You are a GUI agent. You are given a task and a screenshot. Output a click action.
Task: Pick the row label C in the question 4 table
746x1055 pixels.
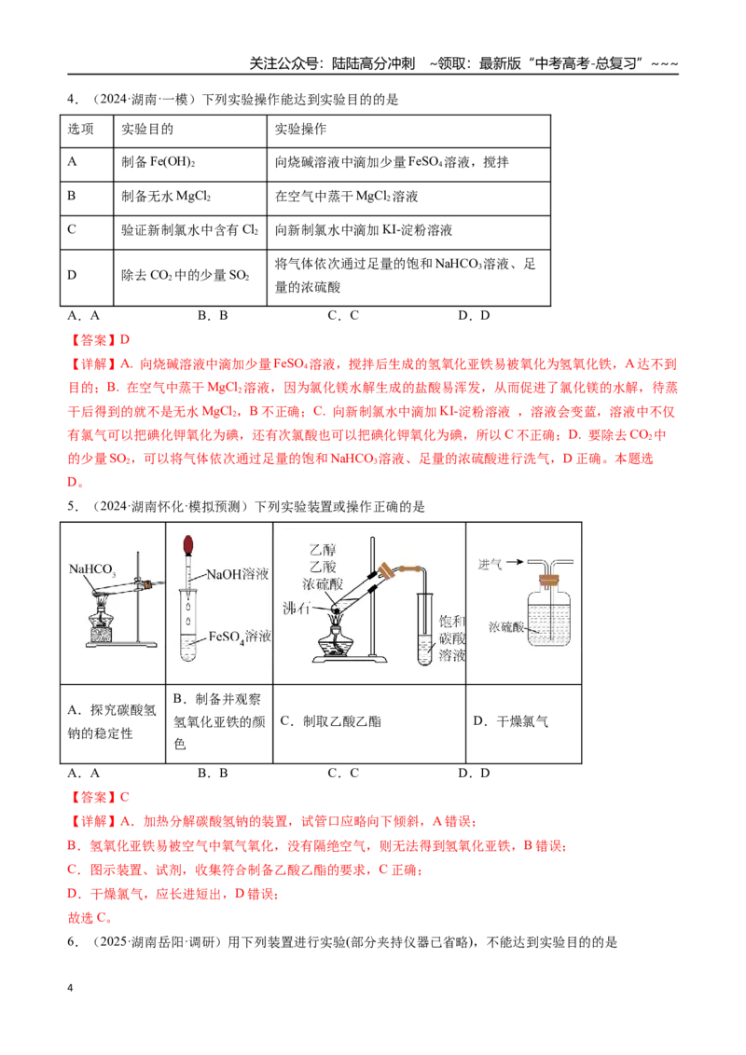(x=72, y=229)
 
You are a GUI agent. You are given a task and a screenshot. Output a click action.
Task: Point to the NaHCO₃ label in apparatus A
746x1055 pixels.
(x=92, y=569)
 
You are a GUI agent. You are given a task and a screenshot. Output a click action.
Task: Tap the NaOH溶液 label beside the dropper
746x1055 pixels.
(x=237, y=574)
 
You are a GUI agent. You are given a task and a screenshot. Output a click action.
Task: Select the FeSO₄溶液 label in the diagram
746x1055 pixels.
(x=240, y=637)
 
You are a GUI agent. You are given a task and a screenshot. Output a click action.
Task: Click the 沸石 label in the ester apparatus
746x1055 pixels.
(x=297, y=609)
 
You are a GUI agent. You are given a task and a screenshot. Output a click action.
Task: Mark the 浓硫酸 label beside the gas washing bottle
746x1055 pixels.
(x=506, y=626)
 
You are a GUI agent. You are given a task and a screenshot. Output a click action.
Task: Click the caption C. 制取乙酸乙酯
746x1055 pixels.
(x=331, y=721)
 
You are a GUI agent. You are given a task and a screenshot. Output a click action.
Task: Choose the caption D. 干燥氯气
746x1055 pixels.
(x=510, y=721)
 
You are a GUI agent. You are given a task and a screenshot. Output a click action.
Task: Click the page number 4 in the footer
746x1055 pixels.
(x=70, y=988)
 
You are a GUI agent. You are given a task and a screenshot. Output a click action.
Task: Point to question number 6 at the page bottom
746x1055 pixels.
(x=73, y=942)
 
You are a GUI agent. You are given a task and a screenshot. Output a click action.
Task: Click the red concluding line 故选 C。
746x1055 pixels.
(x=90, y=918)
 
